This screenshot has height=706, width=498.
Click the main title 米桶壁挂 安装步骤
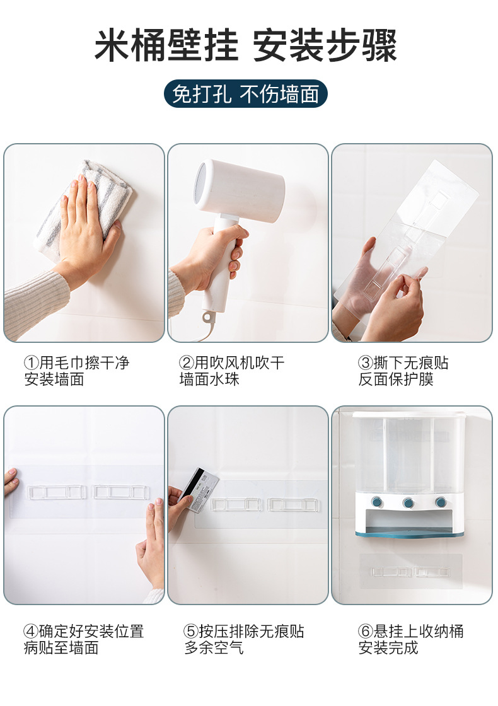point(246,45)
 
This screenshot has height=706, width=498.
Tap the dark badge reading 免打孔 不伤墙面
point(245,94)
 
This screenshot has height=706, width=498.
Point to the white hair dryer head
point(240,189)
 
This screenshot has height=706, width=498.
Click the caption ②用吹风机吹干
point(231,363)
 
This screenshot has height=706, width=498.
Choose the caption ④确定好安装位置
point(84,631)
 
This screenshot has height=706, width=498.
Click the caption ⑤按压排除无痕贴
point(243,631)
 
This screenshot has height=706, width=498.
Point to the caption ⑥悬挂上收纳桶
point(410,631)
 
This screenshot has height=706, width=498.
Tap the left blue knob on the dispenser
point(376,501)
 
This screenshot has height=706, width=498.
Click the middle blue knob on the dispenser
point(409,502)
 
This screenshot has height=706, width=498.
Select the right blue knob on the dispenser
point(441,501)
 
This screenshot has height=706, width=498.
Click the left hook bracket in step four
point(56,492)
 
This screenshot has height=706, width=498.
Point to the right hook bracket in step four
point(120,492)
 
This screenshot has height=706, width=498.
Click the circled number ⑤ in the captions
point(191,631)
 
